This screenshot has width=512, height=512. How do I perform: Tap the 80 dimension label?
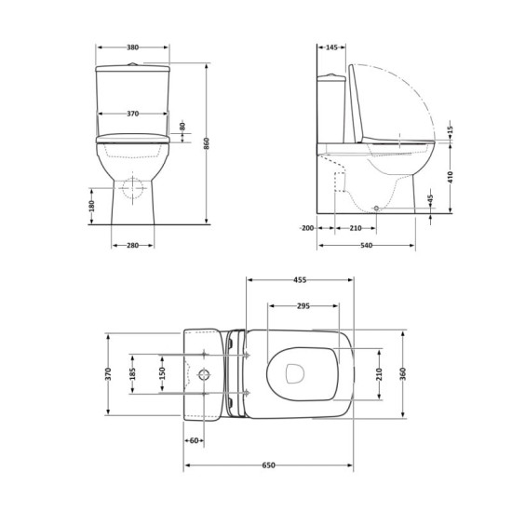182,126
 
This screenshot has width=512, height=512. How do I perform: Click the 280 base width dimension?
132,246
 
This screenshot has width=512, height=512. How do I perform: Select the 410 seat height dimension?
451,177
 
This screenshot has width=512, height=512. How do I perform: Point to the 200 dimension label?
307,228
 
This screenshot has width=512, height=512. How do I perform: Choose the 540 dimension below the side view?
366,246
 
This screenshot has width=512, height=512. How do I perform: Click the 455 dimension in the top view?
300,278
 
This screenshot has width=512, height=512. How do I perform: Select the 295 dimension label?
303,305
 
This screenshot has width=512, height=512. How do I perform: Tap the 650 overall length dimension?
269,465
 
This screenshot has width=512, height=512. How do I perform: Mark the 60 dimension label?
195,440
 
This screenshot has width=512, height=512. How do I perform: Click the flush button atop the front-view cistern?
133,62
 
